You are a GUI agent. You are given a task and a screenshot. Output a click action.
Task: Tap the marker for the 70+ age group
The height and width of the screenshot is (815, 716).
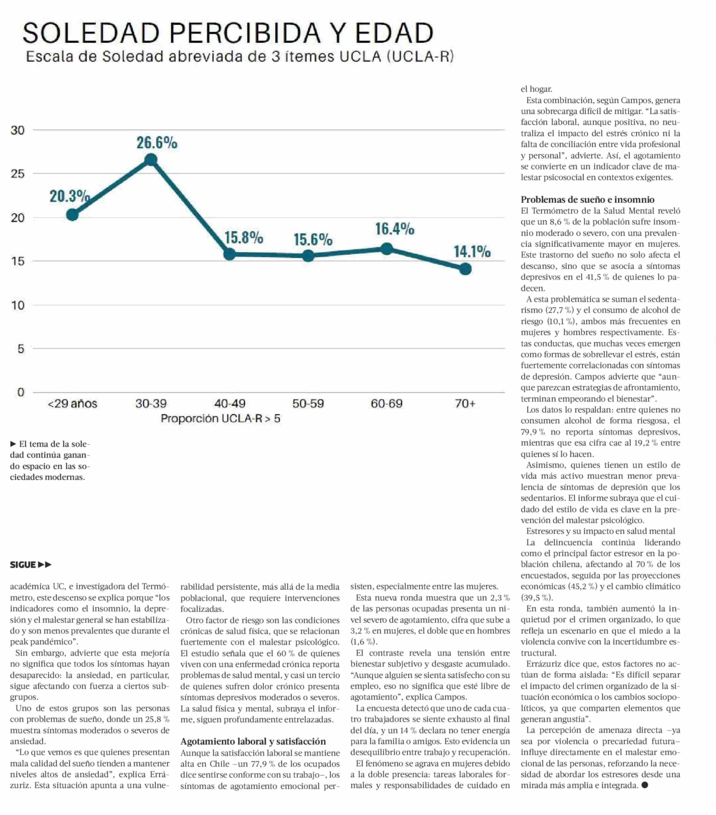(465, 269)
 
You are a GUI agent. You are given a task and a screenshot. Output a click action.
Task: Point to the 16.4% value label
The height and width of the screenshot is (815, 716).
(395, 229)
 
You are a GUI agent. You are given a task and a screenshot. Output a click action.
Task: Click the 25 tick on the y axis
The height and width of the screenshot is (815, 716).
(18, 174)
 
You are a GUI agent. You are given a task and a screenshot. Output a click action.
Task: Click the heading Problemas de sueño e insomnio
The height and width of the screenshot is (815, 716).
(587, 199)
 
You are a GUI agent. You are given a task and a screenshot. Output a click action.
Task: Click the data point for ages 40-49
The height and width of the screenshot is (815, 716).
(229, 254)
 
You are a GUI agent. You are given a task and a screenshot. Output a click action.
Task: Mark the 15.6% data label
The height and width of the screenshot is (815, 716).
(313, 239)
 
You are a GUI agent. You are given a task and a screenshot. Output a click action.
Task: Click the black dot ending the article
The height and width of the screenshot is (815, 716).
(645, 785)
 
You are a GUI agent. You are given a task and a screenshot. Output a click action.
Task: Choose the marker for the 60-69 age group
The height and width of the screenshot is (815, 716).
(386, 249)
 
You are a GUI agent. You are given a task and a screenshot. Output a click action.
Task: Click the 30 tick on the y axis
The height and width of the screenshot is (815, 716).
(18, 130)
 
